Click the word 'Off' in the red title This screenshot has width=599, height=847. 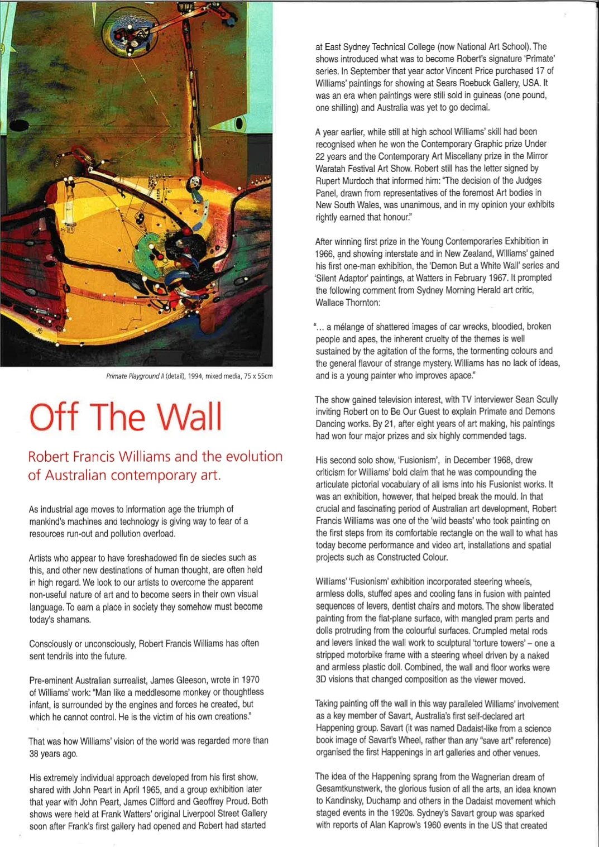[x=54, y=417]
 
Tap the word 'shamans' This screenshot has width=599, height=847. [x=73, y=619]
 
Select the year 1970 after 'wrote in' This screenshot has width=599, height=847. [x=250, y=680]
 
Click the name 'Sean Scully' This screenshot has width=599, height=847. [x=536, y=399]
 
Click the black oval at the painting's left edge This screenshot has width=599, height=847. [x=18, y=125]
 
